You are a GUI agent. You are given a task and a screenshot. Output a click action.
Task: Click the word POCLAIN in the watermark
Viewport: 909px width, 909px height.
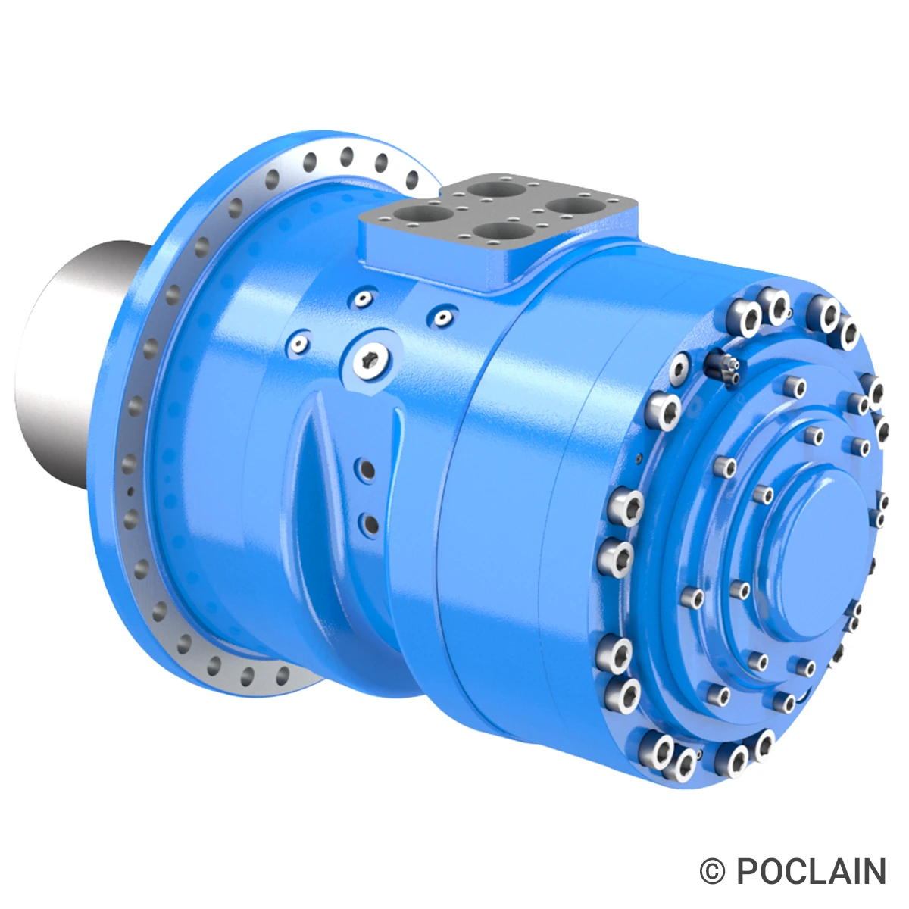point(811,871)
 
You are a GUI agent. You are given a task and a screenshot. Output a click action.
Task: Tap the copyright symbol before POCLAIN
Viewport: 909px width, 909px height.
point(712,871)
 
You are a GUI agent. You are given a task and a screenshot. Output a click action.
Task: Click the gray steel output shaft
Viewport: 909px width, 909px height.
point(68,364)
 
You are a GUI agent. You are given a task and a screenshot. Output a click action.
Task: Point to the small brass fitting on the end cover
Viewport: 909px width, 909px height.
point(724,367)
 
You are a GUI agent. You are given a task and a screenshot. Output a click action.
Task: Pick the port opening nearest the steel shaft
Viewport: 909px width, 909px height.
point(420,214)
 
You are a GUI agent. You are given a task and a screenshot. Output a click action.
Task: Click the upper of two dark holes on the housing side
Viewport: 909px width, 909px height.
point(368,470)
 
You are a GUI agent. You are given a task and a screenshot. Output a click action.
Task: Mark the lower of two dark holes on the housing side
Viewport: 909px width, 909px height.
point(370,522)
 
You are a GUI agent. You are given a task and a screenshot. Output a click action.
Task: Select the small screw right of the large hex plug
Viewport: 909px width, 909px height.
point(442,314)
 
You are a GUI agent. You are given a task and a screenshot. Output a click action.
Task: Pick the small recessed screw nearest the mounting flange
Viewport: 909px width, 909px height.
point(300,345)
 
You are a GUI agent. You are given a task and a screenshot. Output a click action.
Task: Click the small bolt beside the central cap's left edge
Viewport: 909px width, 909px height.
point(764,495)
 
